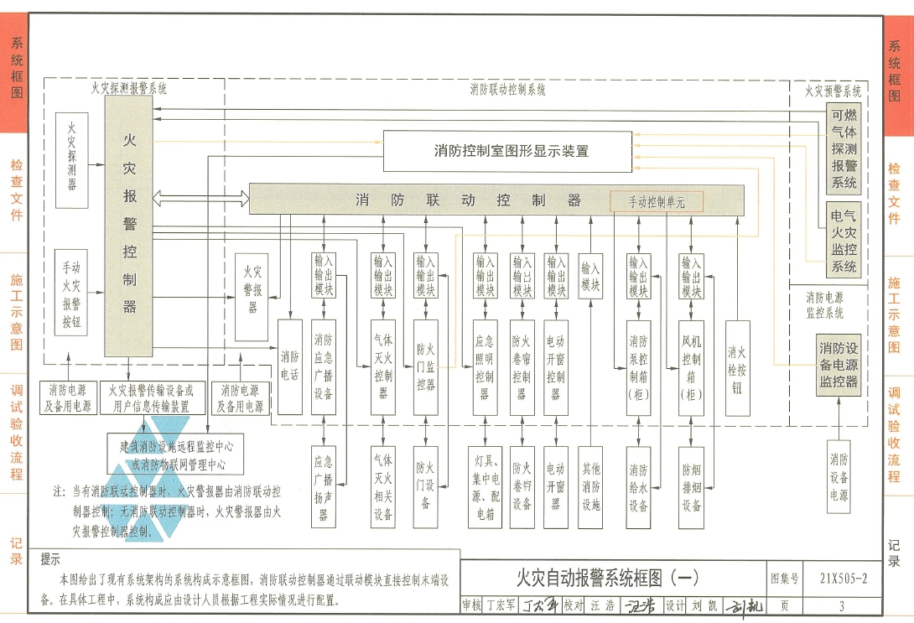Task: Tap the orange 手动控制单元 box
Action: [657, 201]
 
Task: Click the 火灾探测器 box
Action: [71, 160]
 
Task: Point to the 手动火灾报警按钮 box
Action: [71, 293]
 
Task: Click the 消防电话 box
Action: [289, 366]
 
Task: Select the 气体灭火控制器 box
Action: [383, 366]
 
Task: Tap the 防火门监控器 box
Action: [426, 366]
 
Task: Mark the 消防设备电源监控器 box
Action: [839, 365]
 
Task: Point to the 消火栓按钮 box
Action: [738, 369]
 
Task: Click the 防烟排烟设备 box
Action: [692, 487]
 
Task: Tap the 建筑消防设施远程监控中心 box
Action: [176, 454]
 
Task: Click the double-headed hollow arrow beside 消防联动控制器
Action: [200, 200]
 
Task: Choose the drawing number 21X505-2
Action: [843, 579]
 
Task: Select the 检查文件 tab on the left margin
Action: [16, 191]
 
